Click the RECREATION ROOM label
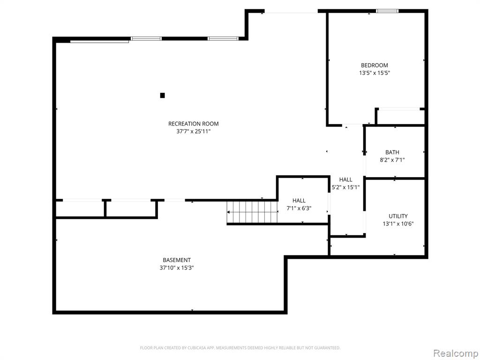[x=194, y=124]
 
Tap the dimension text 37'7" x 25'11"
[x=194, y=132]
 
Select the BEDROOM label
[x=375, y=65]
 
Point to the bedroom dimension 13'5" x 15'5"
[x=375, y=73]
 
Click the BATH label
[x=392, y=152]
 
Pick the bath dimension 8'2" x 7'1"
[x=392, y=160]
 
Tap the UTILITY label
[x=398, y=216]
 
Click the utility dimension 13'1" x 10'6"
[x=398, y=224]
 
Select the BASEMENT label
[x=177, y=260]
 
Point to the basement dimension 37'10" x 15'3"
[x=177, y=268]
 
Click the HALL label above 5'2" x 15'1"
[x=345, y=180]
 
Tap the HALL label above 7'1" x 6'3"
[x=299, y=201]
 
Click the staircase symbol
[x=252, y=212]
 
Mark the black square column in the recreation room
[x=163, y=96]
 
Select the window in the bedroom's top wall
[x=387, y=11]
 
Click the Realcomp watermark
[x=456, y=353]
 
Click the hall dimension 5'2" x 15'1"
[x=345, y=187]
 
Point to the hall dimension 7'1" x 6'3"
[x=299, y=209]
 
